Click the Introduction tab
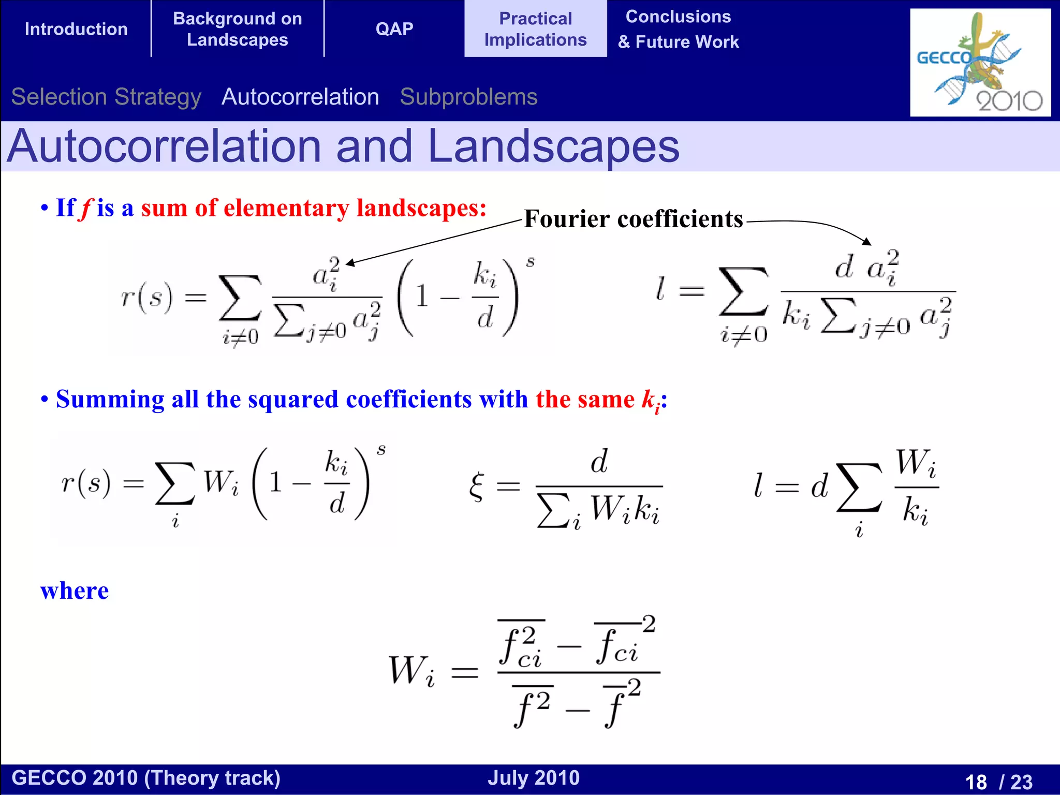[76, 29]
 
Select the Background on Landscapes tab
[238, 29]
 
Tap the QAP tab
[394, 29]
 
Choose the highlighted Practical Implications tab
[535, 29]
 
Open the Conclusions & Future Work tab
[678, 29]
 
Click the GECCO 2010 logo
[980, 62]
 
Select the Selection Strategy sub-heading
[106, 97]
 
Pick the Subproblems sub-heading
[468, 97]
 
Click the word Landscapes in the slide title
[553, 147]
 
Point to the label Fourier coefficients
[633, 219]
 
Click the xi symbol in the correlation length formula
[477, 487]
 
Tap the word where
[75, 591]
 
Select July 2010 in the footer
[534, 778]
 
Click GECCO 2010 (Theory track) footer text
[146, 778]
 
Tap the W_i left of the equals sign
[411, 671]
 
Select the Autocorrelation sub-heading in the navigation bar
[300, 97]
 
